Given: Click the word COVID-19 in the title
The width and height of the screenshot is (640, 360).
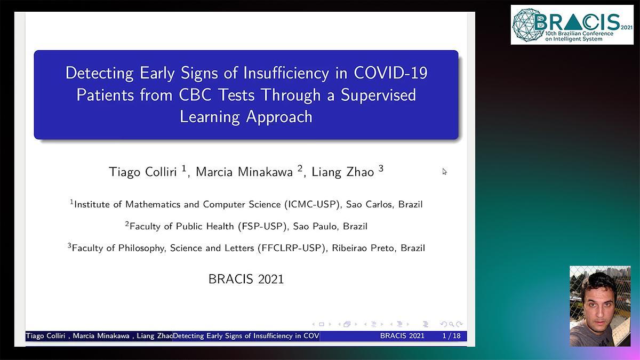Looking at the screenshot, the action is (390, 73).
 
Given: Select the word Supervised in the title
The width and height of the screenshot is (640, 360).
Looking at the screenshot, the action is (378, 94).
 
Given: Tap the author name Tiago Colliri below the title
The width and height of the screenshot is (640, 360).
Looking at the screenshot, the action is (142, 172).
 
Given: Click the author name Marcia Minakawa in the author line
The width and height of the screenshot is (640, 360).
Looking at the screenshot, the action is (244, 172).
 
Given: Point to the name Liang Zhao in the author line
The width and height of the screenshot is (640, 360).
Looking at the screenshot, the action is (342, 172).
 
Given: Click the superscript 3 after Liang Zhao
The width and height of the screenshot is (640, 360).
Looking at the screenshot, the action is (381, 169).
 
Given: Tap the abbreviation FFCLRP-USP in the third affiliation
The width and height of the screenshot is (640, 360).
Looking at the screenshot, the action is (291, 248).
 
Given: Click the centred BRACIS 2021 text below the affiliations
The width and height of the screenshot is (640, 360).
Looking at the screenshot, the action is (246, 279).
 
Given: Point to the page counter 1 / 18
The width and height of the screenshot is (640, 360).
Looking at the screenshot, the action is (451, 335).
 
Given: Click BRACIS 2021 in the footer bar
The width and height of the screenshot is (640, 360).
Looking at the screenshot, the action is (402, 335).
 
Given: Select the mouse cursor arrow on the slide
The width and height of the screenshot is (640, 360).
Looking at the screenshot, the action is (444, 171).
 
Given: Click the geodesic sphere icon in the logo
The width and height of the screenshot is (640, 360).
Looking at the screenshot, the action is (527, 25).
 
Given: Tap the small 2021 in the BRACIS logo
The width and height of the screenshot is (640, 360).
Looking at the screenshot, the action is (626, 28).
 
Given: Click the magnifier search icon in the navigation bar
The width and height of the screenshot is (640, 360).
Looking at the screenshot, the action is (451, 324).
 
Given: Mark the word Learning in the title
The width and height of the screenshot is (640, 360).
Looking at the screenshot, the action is (210, 117).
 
